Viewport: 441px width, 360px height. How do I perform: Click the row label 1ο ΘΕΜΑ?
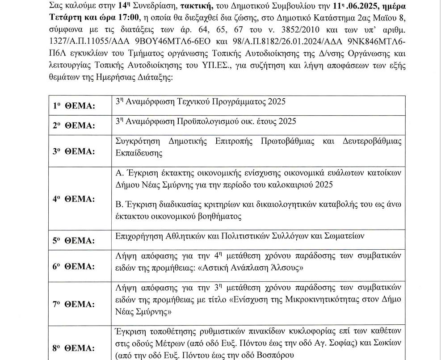[x=74, y=106]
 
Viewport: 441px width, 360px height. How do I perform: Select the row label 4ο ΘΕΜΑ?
[x=74, y=199]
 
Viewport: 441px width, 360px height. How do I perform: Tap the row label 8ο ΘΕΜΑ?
[x=74, y=347]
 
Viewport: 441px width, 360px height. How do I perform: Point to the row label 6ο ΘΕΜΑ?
[x=74, y=267]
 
